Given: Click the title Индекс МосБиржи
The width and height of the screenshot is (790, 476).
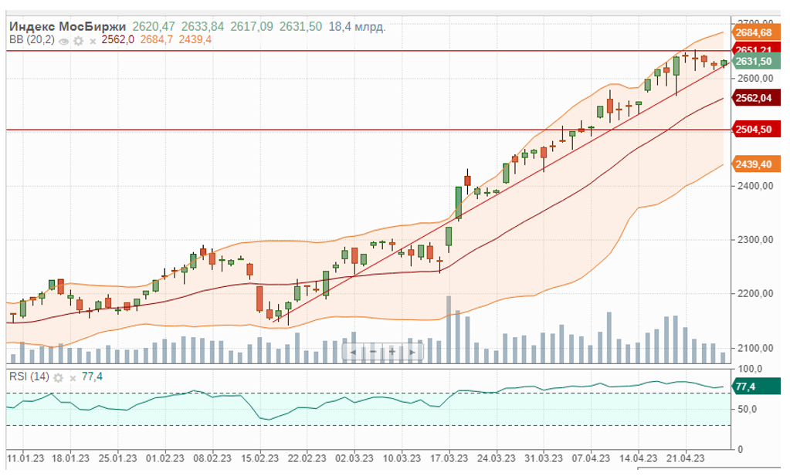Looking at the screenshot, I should [68, 26].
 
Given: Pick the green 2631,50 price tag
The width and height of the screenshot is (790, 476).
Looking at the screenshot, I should [754, 61].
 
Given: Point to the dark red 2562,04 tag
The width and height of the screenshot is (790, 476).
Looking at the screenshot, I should [754, 98].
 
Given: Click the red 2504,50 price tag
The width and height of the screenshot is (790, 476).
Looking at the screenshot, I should [754, 130].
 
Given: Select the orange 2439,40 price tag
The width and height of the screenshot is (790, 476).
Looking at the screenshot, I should [754, 164].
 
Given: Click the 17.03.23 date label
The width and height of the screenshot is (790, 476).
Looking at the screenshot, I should [448, 457].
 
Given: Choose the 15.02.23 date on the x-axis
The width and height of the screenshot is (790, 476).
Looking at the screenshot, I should [259, 457].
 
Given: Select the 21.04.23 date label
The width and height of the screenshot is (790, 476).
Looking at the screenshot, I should [685, 457].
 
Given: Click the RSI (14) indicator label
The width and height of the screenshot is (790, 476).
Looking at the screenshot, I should [29, 376].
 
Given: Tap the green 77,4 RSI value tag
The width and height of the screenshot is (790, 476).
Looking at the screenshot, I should [748, 387].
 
